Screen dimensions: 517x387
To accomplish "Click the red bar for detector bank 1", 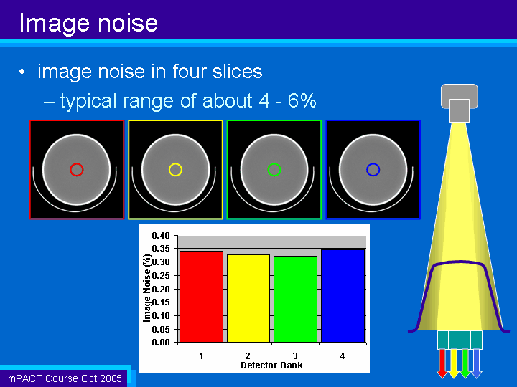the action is [202, 297].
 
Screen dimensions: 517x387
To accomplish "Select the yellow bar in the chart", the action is [248, 298].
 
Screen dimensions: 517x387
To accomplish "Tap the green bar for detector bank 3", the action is [295, 299].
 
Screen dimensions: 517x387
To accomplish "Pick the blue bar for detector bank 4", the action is [343, 296].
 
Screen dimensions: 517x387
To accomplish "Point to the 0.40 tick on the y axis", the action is [161, 236].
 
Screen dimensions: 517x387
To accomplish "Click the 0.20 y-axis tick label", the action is [161, 289].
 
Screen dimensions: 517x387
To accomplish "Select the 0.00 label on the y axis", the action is [161, 343].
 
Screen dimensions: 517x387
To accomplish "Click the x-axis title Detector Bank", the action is [271, 365].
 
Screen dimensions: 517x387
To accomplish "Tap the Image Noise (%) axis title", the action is [147, 288].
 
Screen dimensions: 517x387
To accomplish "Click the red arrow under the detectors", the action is [442, 363].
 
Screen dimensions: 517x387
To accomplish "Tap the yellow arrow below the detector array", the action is [454, 363].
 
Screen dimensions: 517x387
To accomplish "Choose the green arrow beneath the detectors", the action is [465, 363].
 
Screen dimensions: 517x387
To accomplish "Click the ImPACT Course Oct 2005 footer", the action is [63, 378].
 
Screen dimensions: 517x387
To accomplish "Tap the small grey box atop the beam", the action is [459, 110].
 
